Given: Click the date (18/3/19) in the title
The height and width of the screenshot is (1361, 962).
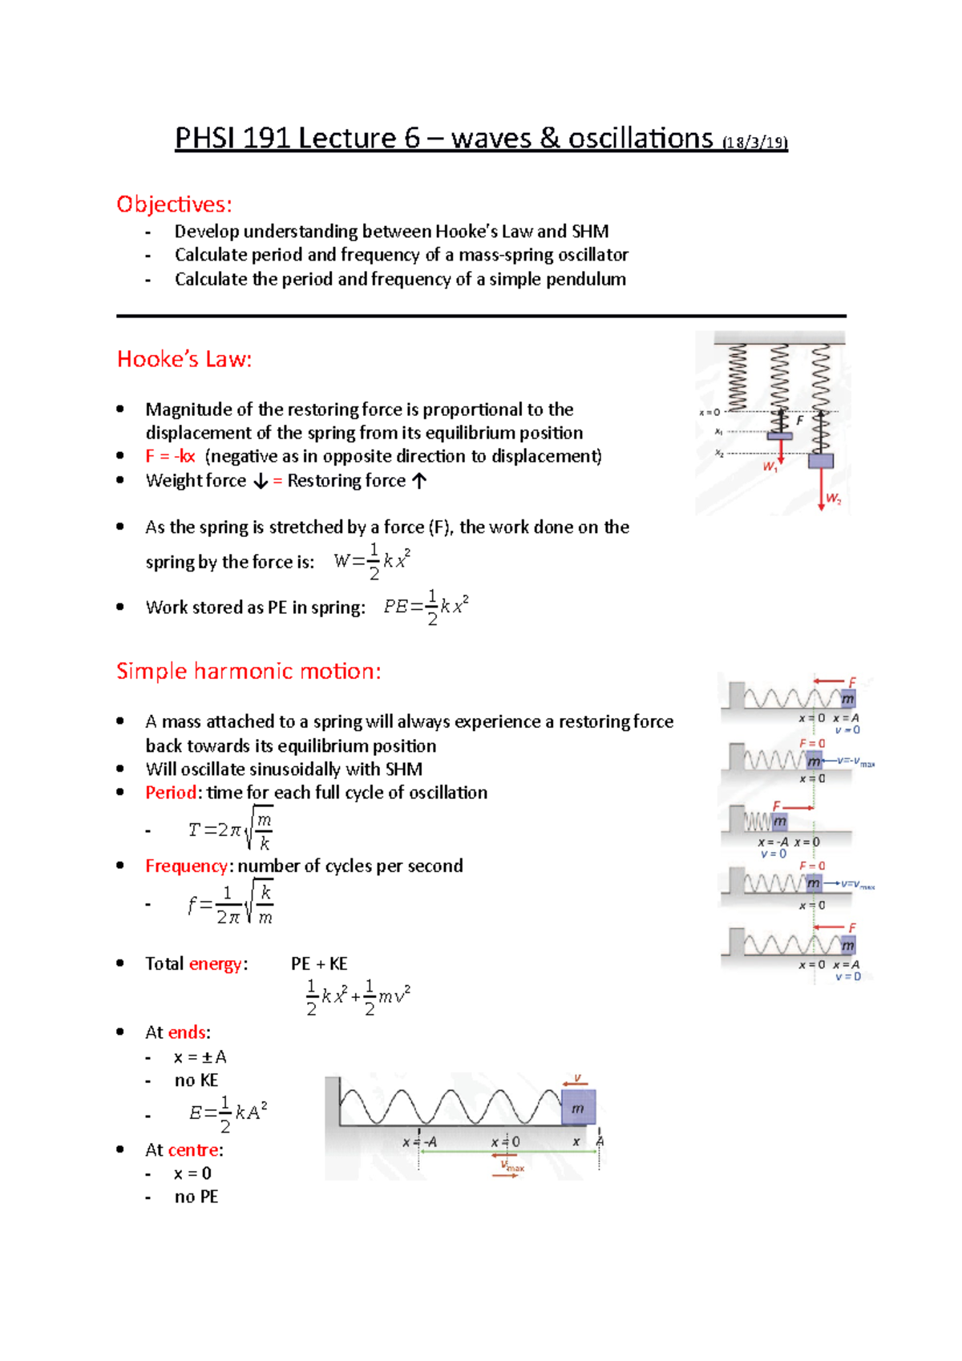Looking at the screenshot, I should coord(754,143).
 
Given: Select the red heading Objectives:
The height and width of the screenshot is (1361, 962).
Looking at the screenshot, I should coord(174,204).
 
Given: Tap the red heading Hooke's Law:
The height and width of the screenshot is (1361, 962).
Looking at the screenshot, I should coord(184,359).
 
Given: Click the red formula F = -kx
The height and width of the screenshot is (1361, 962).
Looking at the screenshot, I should coord(170,456).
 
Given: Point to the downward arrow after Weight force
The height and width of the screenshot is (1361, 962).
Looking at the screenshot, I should coord(261,481).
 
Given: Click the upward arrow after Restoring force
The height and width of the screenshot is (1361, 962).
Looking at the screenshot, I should coord(419,481).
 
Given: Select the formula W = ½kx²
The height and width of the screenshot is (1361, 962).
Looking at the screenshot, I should coord(372,561).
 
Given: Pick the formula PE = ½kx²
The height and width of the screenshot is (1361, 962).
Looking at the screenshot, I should coord(426,607).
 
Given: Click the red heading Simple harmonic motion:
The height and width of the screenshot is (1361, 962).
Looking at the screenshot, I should coord(249,671).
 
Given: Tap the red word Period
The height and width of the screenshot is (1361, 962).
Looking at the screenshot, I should coord(171,793).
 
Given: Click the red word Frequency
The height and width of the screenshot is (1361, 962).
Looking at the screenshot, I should coord(186,866).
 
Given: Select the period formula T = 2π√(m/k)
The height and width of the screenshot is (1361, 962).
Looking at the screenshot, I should coord(231,830).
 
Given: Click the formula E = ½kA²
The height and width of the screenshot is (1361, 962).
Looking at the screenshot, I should coord(228,1113).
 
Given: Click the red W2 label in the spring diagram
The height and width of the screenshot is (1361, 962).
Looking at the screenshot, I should coord(834,499).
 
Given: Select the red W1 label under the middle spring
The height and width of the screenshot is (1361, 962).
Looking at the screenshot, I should coord(770,466).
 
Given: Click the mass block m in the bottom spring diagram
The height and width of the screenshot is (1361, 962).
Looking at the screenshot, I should coord(578,1108).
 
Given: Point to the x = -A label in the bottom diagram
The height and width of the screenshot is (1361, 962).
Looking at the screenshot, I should coord(420,1142).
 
